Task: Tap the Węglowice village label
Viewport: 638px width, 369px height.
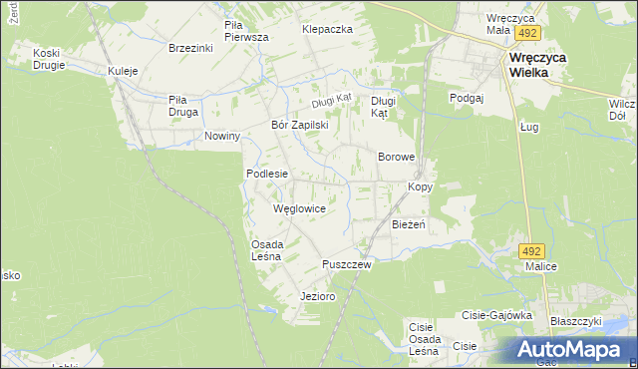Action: (x=299, y=208)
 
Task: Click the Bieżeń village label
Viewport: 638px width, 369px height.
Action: (x=409, y=224)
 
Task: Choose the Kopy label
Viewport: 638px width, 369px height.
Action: (x=420, y=187)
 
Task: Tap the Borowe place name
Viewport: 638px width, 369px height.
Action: (x=396, y=158)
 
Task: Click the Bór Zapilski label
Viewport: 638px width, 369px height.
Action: (x=300, y=126)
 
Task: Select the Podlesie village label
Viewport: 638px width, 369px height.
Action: (x=267, y=174)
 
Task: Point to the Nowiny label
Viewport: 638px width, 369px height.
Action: (x=222, y=136)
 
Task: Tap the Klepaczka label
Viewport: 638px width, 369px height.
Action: (x=328, y=30)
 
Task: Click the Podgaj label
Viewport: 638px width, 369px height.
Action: (x=466, y=97)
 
